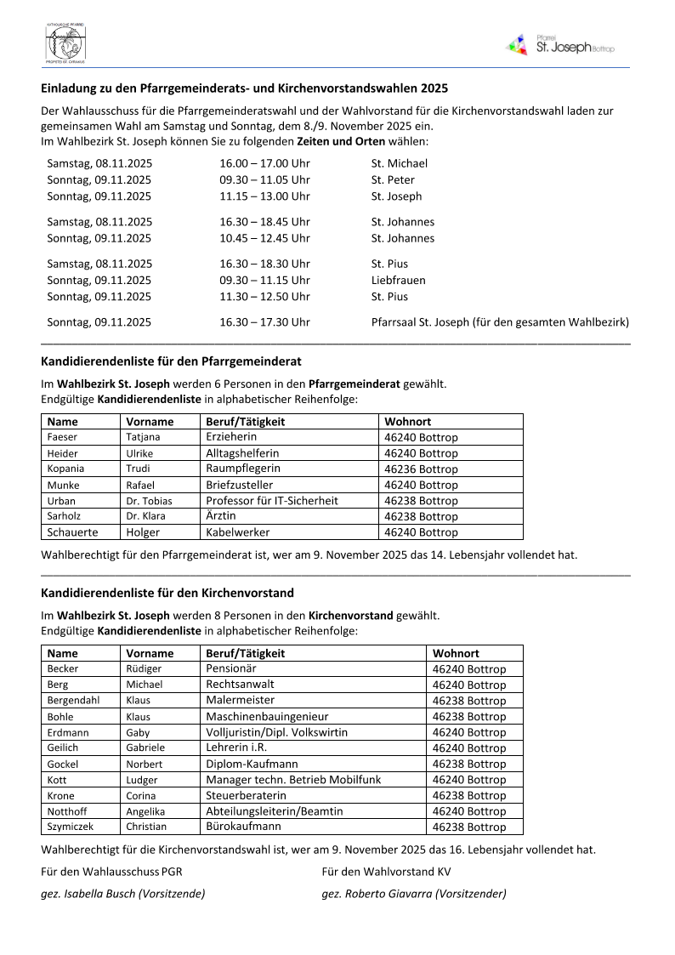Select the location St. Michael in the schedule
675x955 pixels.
coord(399,163)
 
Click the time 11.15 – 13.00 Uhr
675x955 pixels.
coord(264,196)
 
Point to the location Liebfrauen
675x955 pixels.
coord(398,280)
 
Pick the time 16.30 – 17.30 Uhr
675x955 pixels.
coord(264,322)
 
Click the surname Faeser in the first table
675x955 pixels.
coord(62,437)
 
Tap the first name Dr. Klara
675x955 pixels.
coord(145,516)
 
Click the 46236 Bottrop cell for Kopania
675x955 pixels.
coord(421,469)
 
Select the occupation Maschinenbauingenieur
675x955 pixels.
coord(267,717)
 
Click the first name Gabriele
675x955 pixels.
coord(145,748)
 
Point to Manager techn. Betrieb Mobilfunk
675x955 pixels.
coord(293,780)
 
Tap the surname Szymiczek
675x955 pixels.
coord(71,827)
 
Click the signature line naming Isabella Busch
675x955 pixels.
coord(123,894)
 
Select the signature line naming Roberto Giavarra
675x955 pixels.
coord(414,894)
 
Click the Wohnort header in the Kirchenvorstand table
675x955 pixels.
coord(456,653)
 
